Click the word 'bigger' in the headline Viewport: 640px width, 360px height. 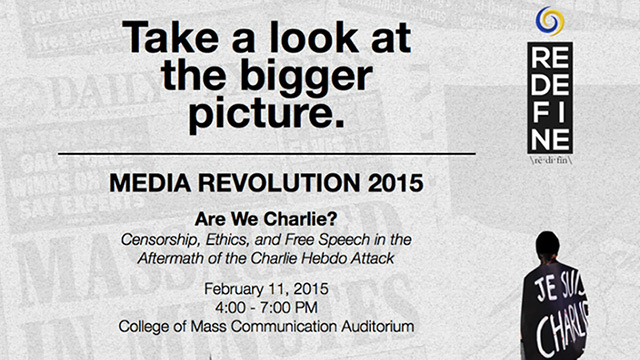pos(299,77)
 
